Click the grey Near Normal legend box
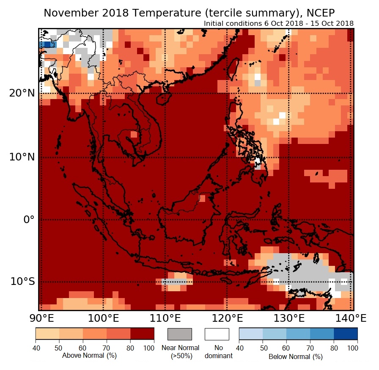[x=180, y=334]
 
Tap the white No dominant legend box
[x=217, y=334]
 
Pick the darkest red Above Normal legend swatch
[x=142, y=334]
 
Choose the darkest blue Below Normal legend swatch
[x=346, y=334]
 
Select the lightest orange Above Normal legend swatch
[x=47, y=334]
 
